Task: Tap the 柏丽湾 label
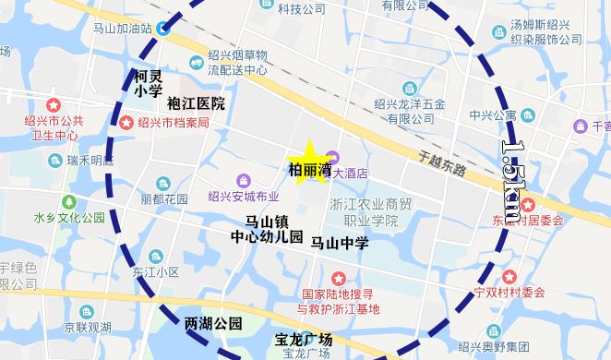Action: (x=310, y=170)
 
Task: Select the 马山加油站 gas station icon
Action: (x=162, y=28)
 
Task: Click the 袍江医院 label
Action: (x=196, y=103)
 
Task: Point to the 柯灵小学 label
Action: (x=148, y=83)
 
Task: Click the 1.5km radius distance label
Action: (x=518, y=180)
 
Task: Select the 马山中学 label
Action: (x=340, y=244)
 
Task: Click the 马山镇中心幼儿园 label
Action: (x=267, y=229)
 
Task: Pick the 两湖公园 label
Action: (x=213, y=323)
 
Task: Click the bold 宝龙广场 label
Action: (x=304, y=340)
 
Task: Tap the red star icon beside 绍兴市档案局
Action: (x=126, y=123)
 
